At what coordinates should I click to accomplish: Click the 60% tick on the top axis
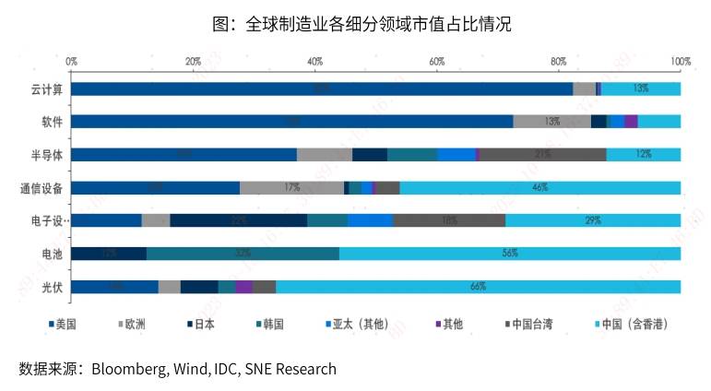[437, 61]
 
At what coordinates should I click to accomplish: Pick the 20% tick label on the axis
[193, 61]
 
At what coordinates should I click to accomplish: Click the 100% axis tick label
[681, 61]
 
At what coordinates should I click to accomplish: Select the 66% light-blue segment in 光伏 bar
[478, 287]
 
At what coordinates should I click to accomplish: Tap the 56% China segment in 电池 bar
[509, 254]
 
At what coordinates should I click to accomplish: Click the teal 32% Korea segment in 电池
[243, 254]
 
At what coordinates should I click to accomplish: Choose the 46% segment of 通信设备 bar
[540, 188]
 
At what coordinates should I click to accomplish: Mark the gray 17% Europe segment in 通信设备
[291, 188]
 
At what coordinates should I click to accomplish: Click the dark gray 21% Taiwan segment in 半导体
[542, 155]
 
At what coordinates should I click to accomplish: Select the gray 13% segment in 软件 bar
[551, 122]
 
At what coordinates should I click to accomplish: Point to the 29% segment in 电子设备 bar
[593, 220]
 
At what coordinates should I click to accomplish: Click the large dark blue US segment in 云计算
[321, 89]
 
